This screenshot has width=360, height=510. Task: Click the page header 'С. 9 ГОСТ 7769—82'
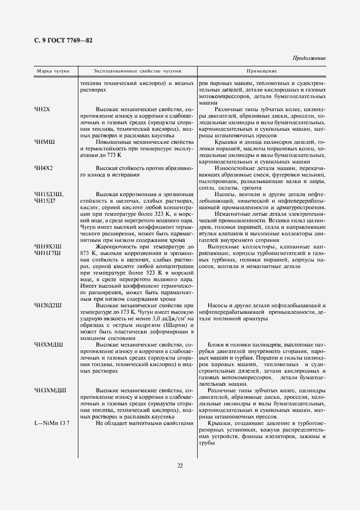click(62, 41)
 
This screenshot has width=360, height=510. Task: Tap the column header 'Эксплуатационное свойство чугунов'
click(137, 71)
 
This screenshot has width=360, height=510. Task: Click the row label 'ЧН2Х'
click(42, 110)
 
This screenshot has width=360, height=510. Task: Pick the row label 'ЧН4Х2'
click(44, 168)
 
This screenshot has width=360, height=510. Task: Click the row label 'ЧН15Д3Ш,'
click(49, 195)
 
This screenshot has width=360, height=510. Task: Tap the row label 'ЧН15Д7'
click(45, 201)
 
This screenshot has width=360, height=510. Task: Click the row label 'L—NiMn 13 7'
click(52, 423)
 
